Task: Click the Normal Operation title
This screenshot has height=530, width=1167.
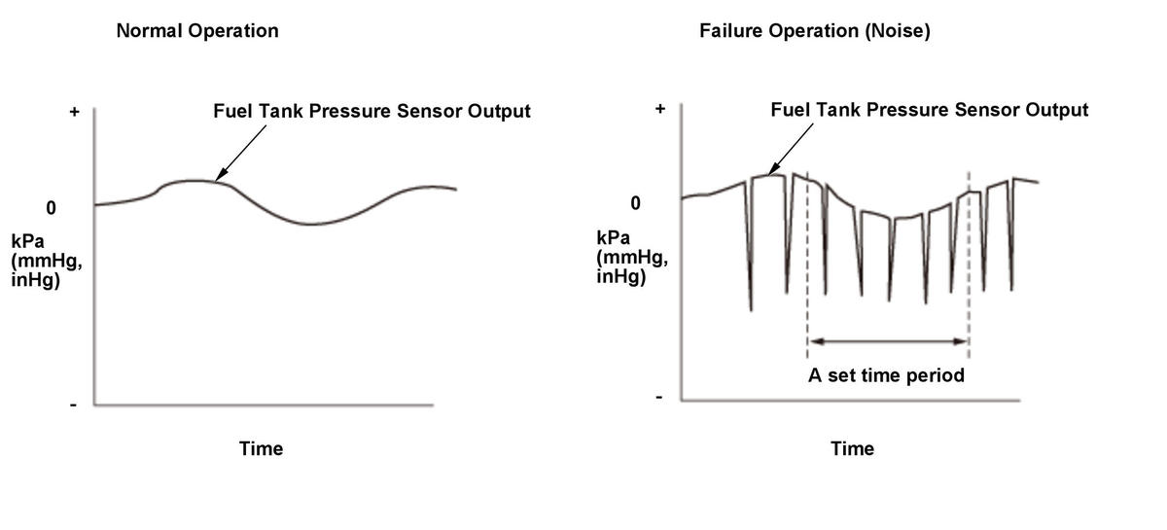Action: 197,31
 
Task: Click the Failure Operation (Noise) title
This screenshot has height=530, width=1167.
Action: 815,31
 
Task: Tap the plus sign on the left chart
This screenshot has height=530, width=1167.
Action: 74,112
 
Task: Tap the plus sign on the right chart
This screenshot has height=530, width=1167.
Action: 660,109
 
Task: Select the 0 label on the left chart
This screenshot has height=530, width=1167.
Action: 51,208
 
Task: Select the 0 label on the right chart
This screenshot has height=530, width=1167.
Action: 636,203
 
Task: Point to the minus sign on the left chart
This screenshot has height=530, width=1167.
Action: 73,405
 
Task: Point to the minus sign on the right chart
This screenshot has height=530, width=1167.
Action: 658,397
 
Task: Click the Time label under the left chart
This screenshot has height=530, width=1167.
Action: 262,448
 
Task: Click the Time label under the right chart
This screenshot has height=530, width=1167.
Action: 852,448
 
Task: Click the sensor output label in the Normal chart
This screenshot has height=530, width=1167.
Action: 371,111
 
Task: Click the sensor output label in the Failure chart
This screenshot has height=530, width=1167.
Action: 929,110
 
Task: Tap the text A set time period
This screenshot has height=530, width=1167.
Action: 886,375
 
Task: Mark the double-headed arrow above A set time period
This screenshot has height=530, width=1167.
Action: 888,341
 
